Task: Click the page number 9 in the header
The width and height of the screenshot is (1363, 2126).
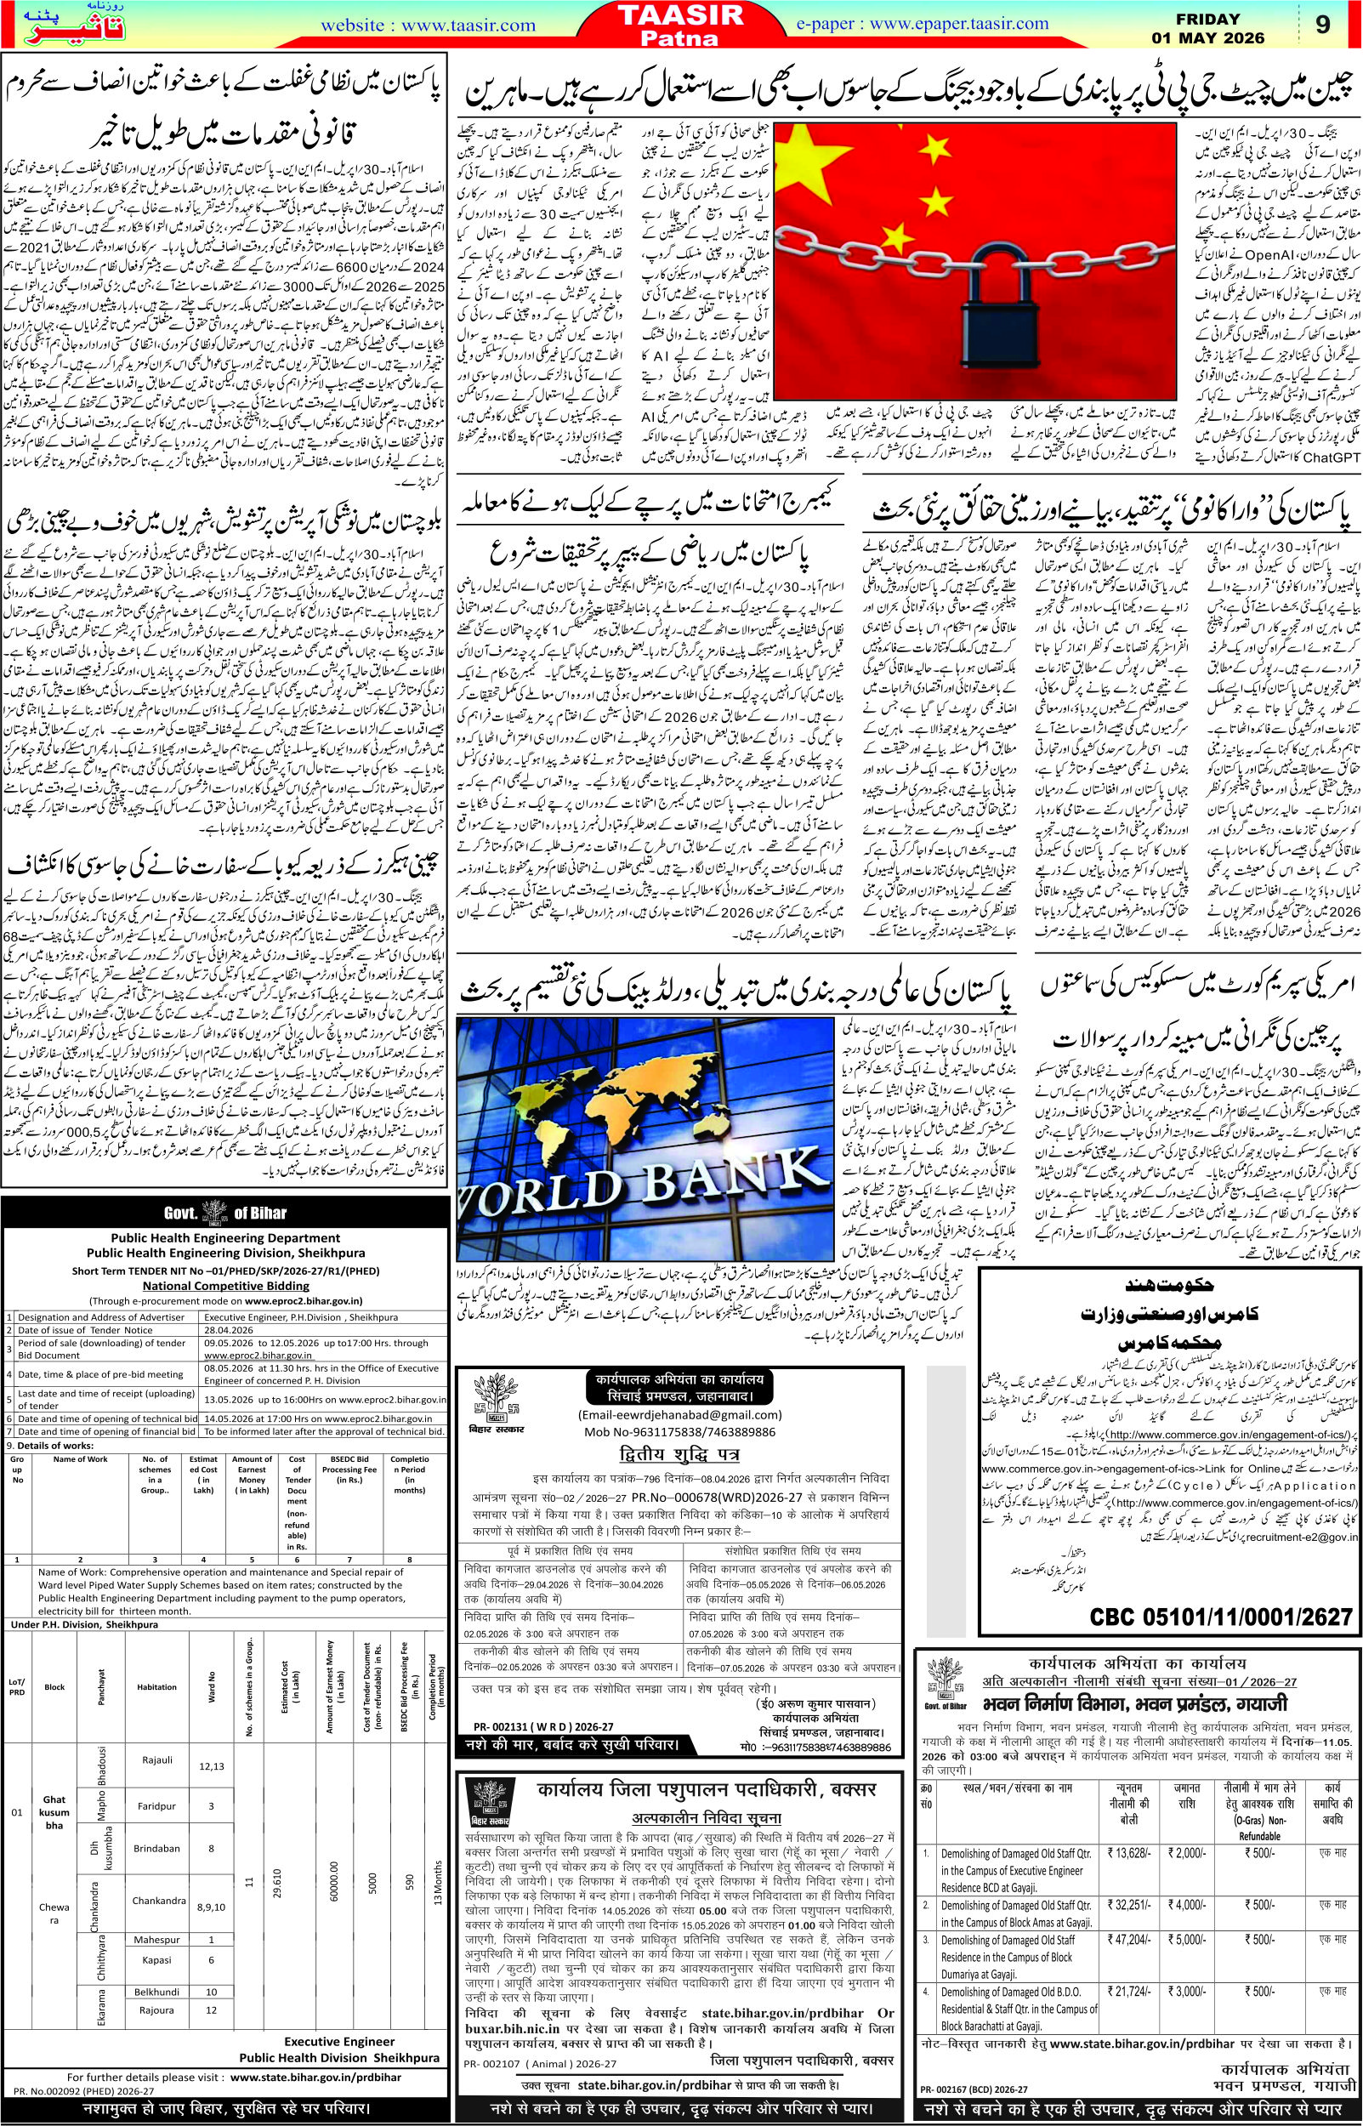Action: (x=1322, y=25)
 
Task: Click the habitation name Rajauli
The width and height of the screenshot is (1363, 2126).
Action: (x=156, y=1760)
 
